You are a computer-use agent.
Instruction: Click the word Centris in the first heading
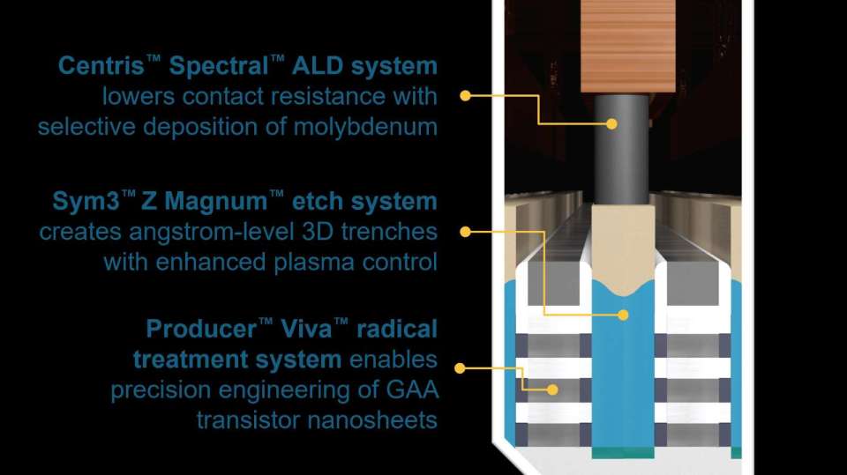coord(101,66)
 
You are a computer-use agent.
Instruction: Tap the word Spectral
coord(218,66)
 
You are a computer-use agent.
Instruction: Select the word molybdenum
coord(365,128)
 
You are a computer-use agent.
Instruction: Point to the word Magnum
coord(215,201)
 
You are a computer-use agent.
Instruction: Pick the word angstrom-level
coord(212,232)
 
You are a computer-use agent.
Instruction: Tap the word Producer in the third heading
coord(201,329)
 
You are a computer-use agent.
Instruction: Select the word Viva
coord(306,329)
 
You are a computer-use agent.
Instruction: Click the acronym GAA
coord(416,390)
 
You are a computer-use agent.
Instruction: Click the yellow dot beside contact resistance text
coord(465,95)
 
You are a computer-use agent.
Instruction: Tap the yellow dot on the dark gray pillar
coord(611,123)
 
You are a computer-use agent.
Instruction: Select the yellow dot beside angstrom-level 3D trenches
coord(465,232)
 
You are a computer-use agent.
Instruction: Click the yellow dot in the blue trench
coord(623,315)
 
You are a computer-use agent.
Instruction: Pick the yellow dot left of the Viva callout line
coord(460,368)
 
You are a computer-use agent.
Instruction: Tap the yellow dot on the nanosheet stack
coord(552,390)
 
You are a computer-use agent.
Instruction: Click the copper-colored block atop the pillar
coord(627,47)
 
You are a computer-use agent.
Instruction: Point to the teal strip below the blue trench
coord(623,452)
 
